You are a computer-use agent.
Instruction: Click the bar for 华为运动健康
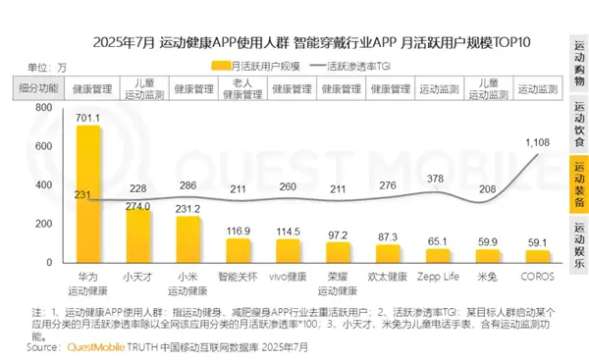click(88, 195)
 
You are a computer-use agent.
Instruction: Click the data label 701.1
click(88, 116)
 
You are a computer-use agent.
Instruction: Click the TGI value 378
click(435, 179)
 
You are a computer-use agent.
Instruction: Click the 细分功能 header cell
click(40, 87)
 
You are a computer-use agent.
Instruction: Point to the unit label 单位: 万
click(47, 67)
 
